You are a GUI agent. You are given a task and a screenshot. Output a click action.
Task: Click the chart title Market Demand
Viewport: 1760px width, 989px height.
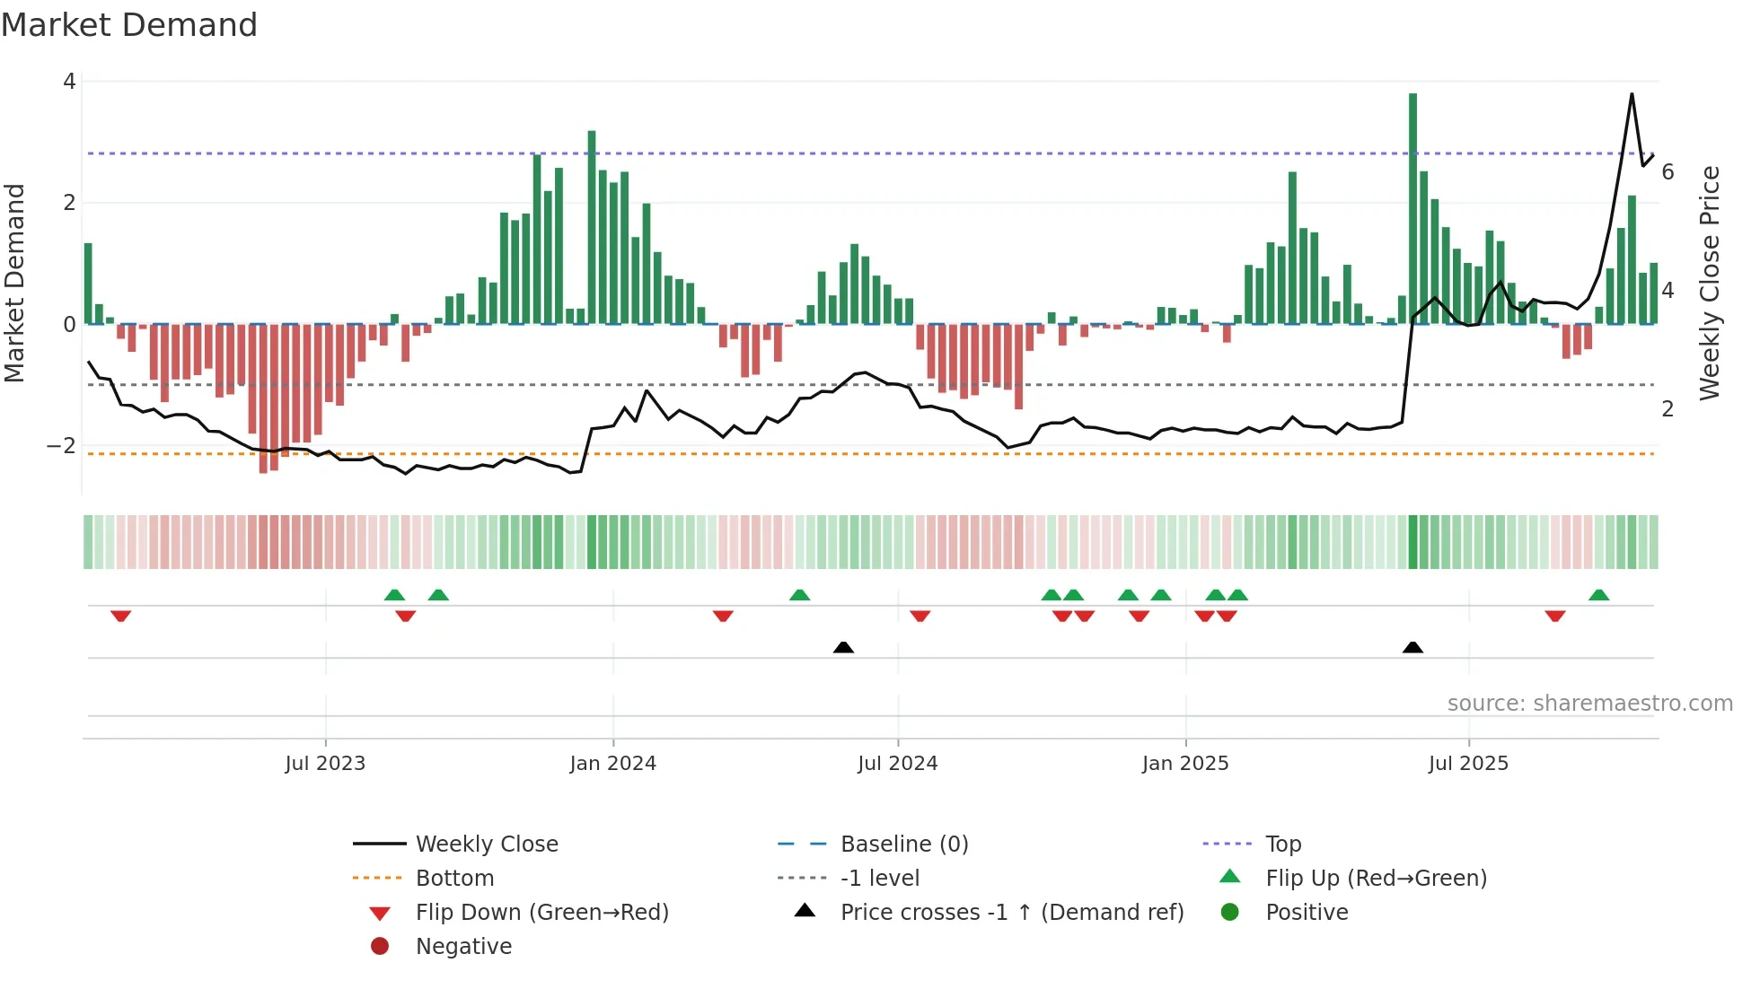point(129,25)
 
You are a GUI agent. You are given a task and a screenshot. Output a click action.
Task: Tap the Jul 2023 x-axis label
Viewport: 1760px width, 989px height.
point(325,764)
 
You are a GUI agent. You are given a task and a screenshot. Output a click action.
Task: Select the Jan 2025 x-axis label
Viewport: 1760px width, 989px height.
point(1185,764)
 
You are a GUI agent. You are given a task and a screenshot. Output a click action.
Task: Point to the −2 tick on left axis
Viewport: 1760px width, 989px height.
point(61,446)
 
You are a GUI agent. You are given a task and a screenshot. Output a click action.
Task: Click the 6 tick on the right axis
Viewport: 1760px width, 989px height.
point(1668,172)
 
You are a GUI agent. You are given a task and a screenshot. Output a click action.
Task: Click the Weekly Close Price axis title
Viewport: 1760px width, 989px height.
point(1710,283)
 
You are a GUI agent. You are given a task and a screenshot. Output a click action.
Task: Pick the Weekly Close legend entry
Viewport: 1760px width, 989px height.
point(486,845)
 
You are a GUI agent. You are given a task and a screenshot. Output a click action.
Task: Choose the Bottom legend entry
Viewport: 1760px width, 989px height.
point(454,879)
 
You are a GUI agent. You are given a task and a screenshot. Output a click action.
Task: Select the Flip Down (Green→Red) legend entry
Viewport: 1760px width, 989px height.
point(541,913)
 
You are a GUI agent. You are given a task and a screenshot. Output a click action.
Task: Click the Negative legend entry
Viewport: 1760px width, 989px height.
point(463,947)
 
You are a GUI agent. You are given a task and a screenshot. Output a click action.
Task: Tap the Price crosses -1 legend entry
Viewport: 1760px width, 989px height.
point(1011,913)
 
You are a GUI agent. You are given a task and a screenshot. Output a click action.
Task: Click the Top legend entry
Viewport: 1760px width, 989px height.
point(1283,845)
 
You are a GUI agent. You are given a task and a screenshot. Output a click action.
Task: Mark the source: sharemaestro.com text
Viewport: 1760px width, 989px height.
point(1589,704)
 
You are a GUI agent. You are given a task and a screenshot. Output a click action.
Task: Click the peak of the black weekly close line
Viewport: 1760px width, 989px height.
point(1632,94)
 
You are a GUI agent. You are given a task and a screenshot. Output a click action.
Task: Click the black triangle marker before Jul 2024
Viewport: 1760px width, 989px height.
point(843,647)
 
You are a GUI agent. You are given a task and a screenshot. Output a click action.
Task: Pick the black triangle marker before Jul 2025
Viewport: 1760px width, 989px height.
point(1412,647)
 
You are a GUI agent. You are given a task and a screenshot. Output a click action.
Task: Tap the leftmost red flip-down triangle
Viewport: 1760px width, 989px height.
point(121,616)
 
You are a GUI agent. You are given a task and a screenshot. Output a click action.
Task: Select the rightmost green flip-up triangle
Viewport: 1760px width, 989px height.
point(1598,595)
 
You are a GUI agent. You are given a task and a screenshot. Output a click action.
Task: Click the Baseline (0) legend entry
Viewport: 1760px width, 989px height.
point(903,845)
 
